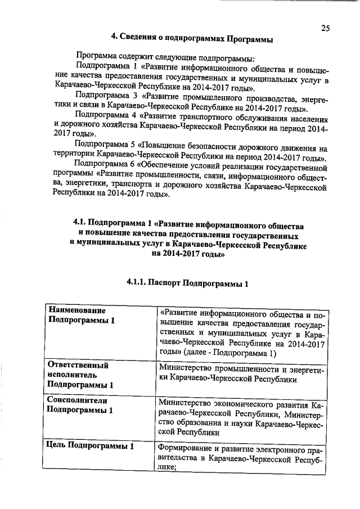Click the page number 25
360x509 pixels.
click(326, 28)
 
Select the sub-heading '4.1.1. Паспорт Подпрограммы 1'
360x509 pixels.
click(187, 282)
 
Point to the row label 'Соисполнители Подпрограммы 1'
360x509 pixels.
click(80, 405)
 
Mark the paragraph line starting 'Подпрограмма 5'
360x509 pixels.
click(205, 149)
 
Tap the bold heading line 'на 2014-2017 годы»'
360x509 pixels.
click(188, 254)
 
